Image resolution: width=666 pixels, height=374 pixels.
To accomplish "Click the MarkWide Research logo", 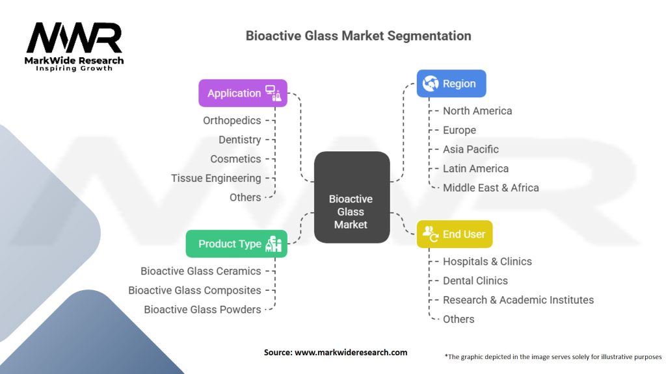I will point(74,45).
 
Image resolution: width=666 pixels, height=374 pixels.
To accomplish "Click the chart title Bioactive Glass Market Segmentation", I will point(358,35).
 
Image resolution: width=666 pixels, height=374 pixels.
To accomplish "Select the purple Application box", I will point(243,93).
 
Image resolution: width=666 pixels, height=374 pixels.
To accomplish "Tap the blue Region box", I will point(451,84).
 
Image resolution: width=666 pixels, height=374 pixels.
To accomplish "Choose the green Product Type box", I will point(236,243).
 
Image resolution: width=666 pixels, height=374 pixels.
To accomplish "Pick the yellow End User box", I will point(454,234).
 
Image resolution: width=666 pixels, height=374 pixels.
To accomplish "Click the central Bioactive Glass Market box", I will point(351,212).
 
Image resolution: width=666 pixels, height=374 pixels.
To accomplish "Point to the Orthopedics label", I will point(232,121).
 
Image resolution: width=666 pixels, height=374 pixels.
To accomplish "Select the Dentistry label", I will point(239,140).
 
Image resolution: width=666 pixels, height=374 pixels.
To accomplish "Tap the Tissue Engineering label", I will point(216,178).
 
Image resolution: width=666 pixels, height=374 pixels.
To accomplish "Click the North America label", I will point(477,111).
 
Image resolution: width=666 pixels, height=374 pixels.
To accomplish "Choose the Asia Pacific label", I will point(471,149).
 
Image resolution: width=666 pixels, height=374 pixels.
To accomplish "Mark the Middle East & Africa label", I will point(490,188).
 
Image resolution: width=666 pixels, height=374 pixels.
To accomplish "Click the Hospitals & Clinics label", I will point(487,262).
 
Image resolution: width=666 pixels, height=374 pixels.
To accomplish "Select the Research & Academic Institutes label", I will point(518,300).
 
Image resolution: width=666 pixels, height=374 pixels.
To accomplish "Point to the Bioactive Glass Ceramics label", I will point(200,271).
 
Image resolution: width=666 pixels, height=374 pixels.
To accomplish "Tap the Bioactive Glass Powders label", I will point(202,310).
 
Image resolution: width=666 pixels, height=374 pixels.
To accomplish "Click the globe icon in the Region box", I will point(430,84).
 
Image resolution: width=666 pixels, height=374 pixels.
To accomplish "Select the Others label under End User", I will point(459,319).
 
